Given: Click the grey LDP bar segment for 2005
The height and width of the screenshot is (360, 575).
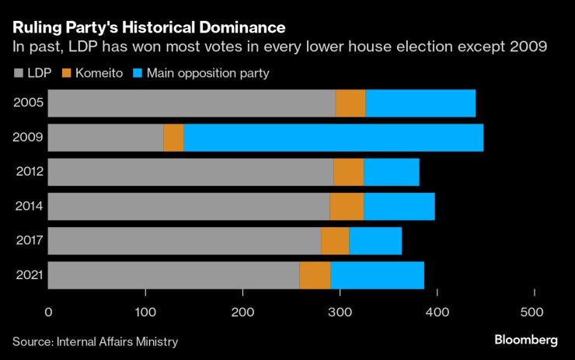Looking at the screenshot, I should point(192,103).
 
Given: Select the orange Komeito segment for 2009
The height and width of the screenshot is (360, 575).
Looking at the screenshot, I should point(174,138).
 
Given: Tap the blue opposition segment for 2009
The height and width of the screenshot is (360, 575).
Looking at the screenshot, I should point(333,138).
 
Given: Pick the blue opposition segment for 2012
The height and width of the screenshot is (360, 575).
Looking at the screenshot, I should point(392,173).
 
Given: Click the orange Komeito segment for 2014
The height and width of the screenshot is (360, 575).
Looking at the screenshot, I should point(347,207).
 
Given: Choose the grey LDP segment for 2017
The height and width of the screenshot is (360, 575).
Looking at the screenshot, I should point(185,241).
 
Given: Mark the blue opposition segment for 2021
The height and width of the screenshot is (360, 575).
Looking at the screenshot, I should point(378,276).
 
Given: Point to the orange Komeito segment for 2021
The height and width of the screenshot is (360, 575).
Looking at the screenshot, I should point(315,276).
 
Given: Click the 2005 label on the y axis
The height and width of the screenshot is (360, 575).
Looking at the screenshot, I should point(27,103).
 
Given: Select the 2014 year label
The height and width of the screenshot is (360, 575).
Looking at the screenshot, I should point(27,207).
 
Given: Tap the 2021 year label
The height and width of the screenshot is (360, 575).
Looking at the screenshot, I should point(27,276).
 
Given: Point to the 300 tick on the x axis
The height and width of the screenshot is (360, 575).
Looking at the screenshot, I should point(340,313).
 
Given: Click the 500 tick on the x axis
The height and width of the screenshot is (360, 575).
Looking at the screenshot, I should point(535,313).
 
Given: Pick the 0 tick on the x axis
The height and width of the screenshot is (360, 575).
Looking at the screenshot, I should point(48,313).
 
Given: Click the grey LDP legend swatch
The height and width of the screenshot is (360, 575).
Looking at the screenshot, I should point(17,73).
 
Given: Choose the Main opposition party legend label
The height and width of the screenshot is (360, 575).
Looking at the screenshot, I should point(208,73).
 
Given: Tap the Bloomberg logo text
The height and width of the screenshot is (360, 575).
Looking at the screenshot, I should point(526,341).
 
